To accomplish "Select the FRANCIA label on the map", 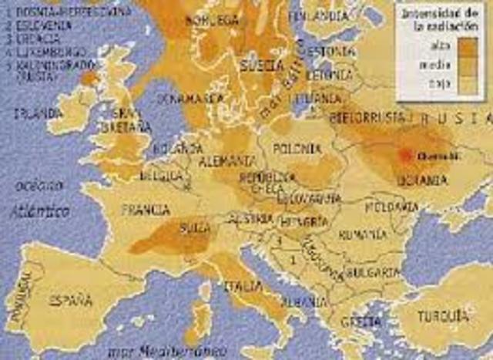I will click(x=146, y=209).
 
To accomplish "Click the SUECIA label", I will click(x=263, y=65).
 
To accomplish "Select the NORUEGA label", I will click(x=213, y=21).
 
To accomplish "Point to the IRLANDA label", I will click(x=38, y=113).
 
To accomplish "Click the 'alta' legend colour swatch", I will click(x=469, y=48).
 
